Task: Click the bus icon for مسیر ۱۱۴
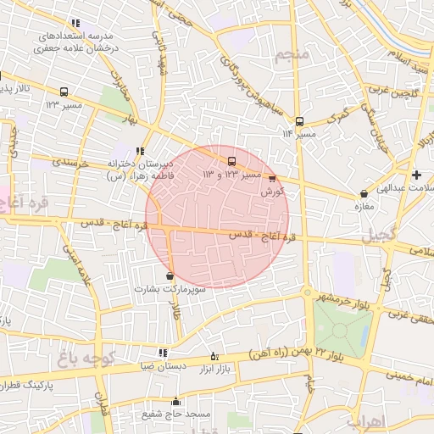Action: (x=299, y=121)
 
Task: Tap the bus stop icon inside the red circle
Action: (x=231, y=161)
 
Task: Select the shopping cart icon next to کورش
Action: (x=271, y=178)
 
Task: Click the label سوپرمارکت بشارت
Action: (x=168, y=288)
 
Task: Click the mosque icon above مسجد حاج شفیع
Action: (x=176, y=402)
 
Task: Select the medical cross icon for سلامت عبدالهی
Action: (x=415, y=175)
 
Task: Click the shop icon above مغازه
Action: (x=364, y=193)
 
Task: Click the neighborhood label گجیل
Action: (x=378, y=239)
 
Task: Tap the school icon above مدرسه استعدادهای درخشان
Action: (x=76, y=24)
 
